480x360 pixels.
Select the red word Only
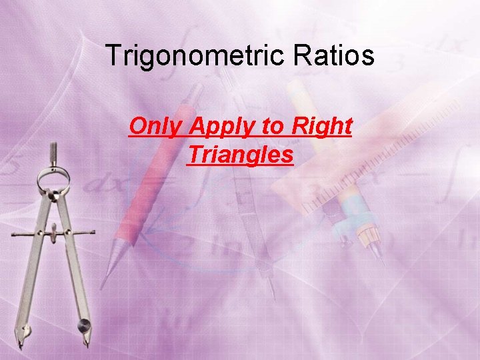tap(153, 125)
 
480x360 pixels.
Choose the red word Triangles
tap(240, 155)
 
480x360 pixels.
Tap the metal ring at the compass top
tap(54, 178)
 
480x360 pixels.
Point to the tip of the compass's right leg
tap(86, 344)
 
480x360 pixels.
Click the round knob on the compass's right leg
tap(84, 325)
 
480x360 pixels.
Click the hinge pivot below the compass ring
tap(54, 195)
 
